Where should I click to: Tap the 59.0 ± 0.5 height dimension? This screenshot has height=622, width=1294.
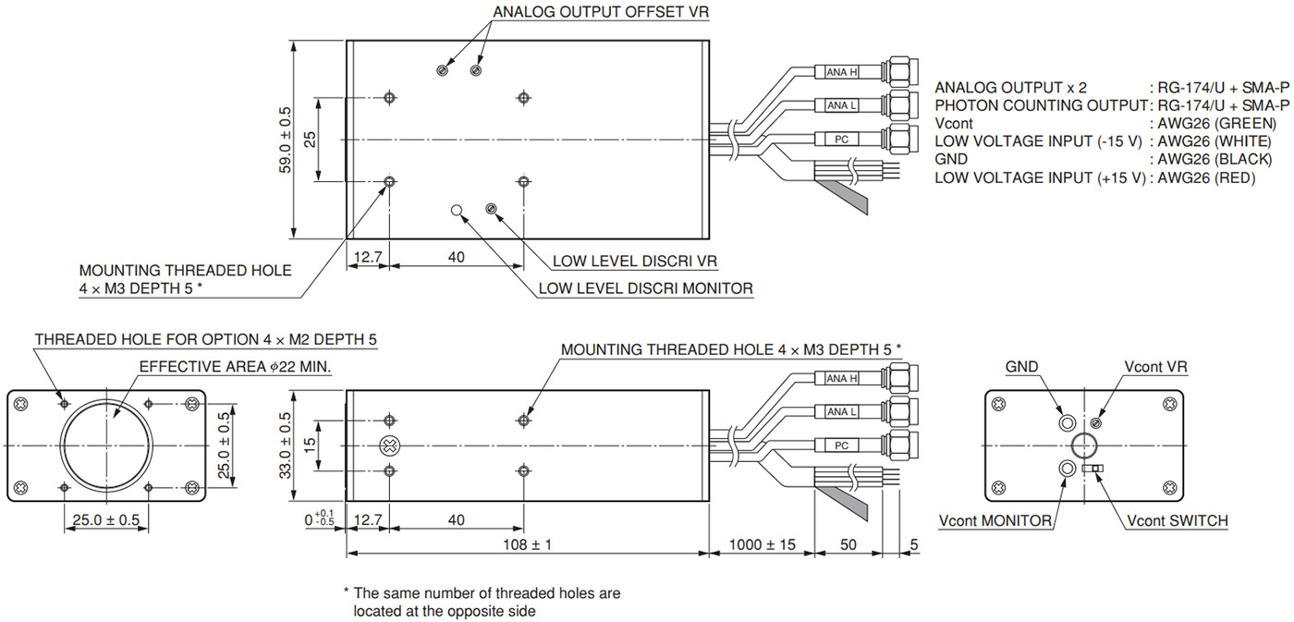pos(286,140)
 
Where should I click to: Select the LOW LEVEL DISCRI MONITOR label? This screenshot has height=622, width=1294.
pos(645,288)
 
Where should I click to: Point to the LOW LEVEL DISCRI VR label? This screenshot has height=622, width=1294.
pos(635,261)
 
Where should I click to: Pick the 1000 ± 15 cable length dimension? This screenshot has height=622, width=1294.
pos(761,544)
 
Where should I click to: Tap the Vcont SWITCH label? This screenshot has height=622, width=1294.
pos(1178,521)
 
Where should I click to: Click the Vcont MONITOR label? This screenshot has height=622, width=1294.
pos(995,521)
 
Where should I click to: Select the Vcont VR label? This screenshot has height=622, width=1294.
pos(1155,367)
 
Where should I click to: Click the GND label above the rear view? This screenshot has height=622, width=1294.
pos(1021,367)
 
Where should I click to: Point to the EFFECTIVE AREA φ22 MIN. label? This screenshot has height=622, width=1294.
pos(235,367)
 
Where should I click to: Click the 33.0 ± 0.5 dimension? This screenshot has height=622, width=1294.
pos(286,445)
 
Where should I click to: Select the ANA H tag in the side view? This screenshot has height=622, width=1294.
pos(841,379)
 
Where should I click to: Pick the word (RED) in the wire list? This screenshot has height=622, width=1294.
pos(1234,177)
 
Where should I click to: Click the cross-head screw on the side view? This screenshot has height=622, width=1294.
pos(390,446)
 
